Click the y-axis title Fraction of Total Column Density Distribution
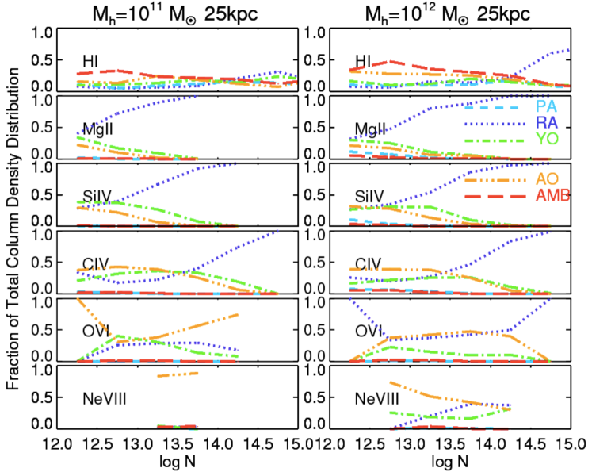coord(13,229)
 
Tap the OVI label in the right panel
coord(370,331)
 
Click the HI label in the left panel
coord(91,61)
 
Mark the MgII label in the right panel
coord(372,129)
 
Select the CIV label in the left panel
coord(98,263)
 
